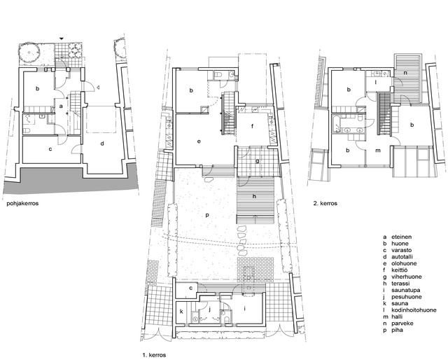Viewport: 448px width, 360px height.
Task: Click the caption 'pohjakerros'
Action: [x=22, y=204]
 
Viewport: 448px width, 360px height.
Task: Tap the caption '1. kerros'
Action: [x=154, y=355]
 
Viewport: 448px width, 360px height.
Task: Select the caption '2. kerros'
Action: [x=325, y=203]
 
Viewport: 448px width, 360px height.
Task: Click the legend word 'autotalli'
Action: [x=402, y=257]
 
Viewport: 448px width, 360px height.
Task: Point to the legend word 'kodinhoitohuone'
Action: [x=414, y=310]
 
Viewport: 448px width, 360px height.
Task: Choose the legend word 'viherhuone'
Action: [x=406, y=277]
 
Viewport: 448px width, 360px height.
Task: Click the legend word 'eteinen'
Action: [x=401, y=237]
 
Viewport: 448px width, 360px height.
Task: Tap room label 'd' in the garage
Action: [x=102, y=144]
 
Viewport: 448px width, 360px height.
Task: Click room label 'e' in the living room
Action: [x=199, y=141]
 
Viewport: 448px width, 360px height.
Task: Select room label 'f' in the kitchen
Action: [x=252, y=126]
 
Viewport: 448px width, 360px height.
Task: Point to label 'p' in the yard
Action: [x=207, y=215]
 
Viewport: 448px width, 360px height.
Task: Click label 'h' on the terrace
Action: [x=254, y=196]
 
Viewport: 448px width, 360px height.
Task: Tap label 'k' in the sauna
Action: [x=181, y=312]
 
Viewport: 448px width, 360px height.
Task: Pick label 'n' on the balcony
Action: [x=405, y=73]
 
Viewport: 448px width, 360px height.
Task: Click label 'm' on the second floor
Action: [x=378, y=151]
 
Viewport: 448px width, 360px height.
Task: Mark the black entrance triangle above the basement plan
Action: [x=62, y=39]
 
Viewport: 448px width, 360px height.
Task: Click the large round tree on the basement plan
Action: [x=28, y=53]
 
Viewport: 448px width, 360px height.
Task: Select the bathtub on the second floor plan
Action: [x=336, y=123]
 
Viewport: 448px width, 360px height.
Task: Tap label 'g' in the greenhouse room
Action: [x=258, y=161]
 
